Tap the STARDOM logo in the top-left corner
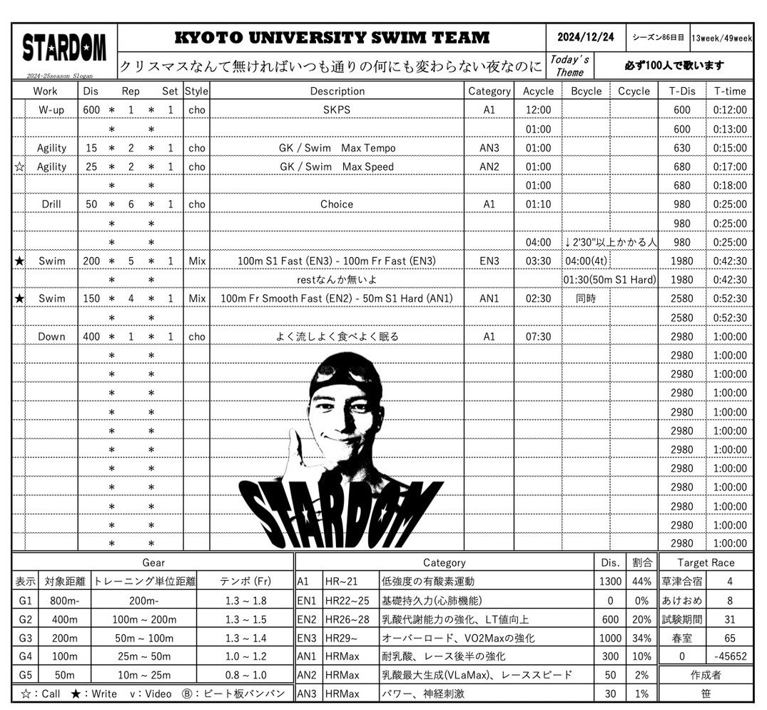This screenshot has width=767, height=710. [64, 48]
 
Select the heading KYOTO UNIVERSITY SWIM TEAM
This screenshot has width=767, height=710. [332, 38]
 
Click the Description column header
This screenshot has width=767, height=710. [337, 91]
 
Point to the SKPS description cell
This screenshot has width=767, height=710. [337, 110]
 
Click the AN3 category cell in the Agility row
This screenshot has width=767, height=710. [489, 148]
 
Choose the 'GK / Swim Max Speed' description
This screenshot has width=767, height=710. [337, 166]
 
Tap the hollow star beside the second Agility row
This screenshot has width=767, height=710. [19, 167]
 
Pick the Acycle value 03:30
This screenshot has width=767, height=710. [537, 261]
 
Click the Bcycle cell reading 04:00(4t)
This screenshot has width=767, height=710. [585, 261]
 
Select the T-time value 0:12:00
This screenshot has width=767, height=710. [730, 110]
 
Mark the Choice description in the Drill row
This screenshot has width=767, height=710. [337, 204]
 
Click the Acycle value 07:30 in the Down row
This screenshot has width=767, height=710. [537, 336]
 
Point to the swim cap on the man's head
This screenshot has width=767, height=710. [347, 379]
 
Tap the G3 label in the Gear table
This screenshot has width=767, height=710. [25, 638]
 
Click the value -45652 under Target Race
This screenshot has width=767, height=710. [730, 656]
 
